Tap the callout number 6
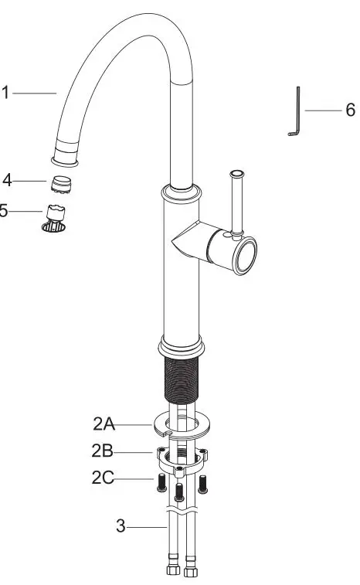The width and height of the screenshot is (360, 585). click(350, 111)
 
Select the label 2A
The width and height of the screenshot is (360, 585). click(104, 423)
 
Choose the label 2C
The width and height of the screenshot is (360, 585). click(104, 479)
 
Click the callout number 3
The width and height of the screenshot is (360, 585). click(120, 527)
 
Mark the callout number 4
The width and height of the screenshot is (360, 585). click(7, 181)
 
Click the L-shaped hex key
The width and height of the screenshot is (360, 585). click(296, 113)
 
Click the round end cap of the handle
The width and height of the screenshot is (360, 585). click(246, 254)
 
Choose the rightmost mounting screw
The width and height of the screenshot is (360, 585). click(203, 483)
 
